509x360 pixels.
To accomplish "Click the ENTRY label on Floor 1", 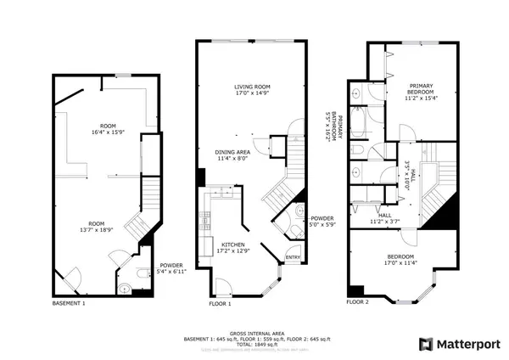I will tap(293, 257).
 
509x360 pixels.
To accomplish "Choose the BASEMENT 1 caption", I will tap(69, 303).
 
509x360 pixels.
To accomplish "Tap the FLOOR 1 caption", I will tap(220, 303).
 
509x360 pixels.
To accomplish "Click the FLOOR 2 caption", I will tap(358, 301).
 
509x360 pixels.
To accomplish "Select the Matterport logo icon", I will tap(427, 344).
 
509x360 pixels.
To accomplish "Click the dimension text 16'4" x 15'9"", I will tap(107, 132).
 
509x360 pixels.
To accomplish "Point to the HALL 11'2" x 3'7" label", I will tap(385, 219).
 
